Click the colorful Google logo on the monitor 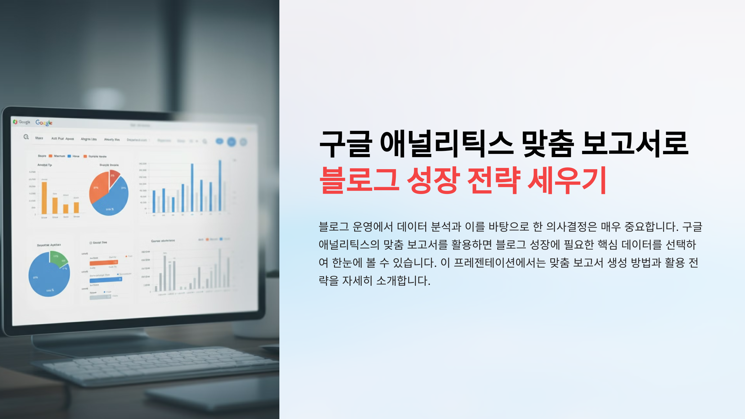click(x=44, y=123)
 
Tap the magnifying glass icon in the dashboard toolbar click(x=26, y=137)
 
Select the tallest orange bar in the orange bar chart click(x=44, y=198)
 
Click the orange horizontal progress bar click(x=103, y=263)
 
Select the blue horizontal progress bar click(x=106, y=280)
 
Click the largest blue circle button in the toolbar click(x=232, y=142)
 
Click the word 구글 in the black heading click(x=345, y=144)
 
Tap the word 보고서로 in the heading click(x=634, y=144)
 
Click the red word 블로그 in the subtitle click(x=359, y=180)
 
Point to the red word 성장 click(x=433, y=180)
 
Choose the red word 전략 click(x=494, y=180)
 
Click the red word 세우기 click(x=567, y=180)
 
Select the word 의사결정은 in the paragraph click(x=571, y=227)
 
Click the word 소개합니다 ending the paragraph click(x=403, y=281)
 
